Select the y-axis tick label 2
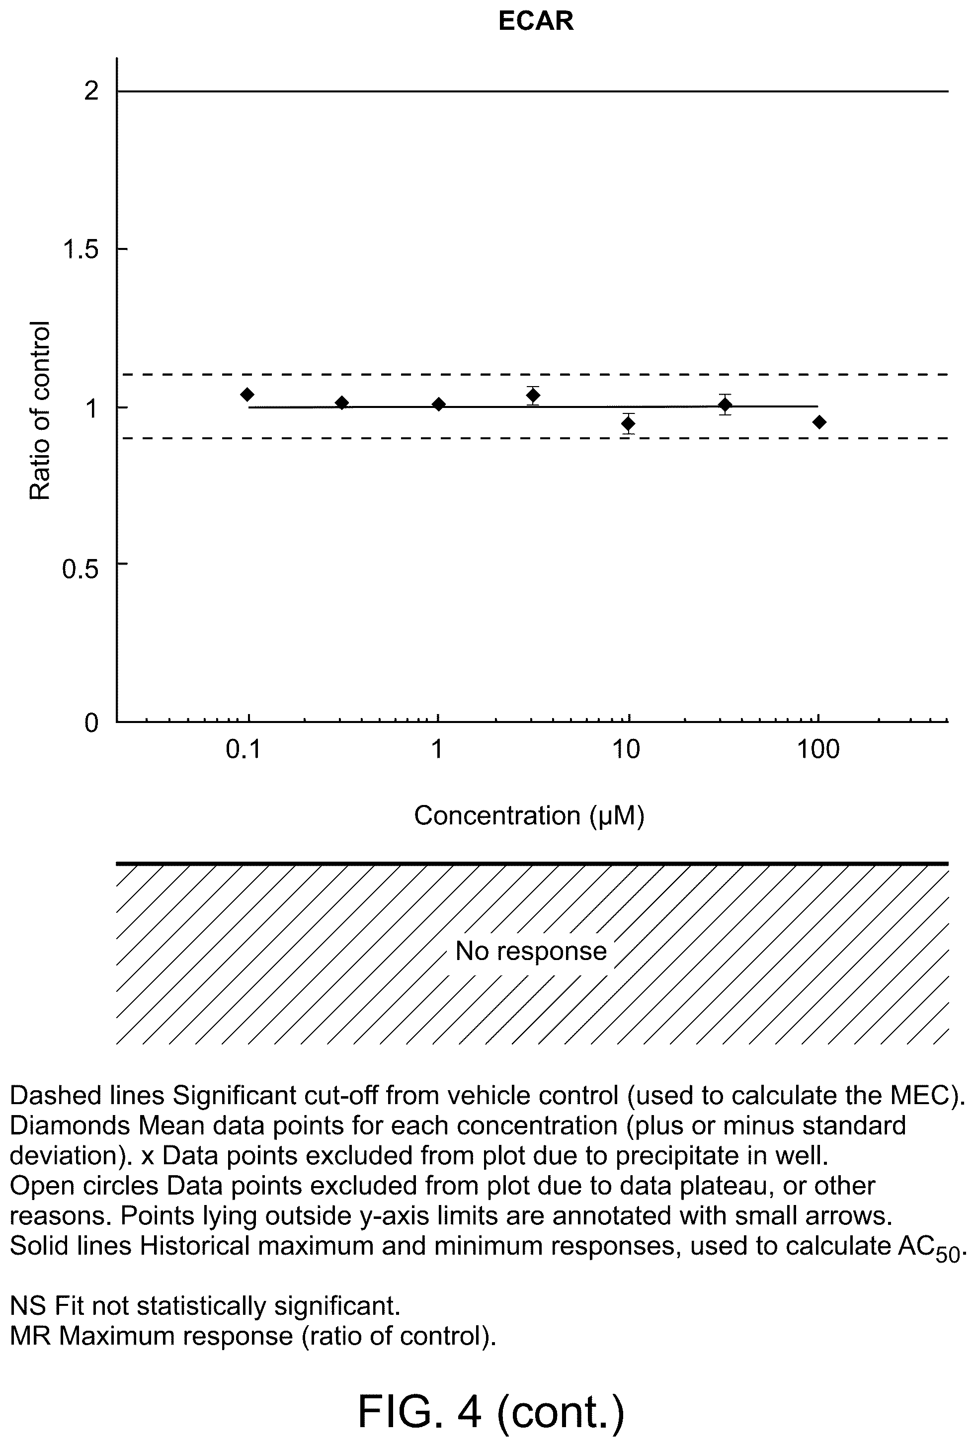(91, 91)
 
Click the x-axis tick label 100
(818, 749)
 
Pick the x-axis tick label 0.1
(244, 749)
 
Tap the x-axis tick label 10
(626, 749)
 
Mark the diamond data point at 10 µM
(629, 424)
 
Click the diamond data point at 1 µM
(439, 404)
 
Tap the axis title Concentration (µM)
(529, 815)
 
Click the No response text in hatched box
(531, 951)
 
